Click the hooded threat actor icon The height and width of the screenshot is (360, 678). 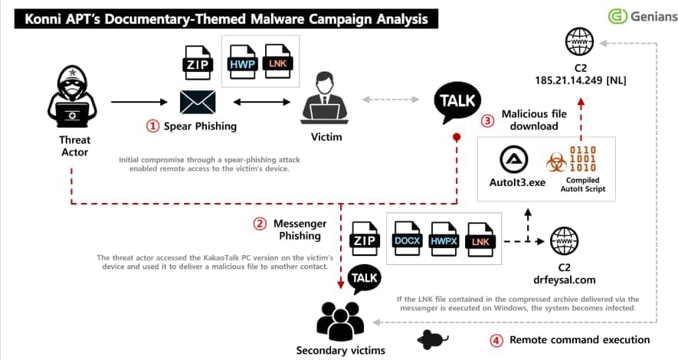point(72,97)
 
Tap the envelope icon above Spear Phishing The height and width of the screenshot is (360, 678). point(198,103)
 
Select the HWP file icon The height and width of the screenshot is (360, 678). point(242,62)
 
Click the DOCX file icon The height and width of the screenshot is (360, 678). point(407,238)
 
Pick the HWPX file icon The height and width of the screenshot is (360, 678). point(444,240)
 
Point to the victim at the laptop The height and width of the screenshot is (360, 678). point(325,97)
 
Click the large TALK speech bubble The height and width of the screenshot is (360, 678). point(457,103)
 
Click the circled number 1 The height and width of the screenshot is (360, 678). point(152,126)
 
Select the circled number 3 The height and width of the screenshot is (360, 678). point(488,120)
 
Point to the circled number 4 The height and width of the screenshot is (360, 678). point(496,341)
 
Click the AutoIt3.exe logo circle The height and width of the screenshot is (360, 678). point(514,159)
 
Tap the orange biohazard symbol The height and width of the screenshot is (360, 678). point(556,162)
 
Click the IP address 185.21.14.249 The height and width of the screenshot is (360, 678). point(568,80)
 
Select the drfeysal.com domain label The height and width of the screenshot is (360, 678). point(565,280)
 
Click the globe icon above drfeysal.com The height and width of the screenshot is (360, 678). point(565,241)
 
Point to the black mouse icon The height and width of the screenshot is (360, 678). point(432,339)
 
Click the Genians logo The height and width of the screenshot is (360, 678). point(643,16)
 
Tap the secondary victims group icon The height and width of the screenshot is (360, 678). point(340,321)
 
